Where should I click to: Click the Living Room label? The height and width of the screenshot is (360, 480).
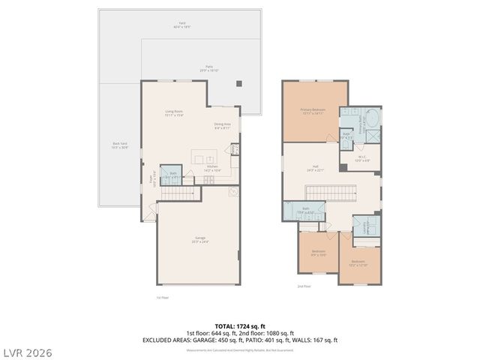pos(174,113)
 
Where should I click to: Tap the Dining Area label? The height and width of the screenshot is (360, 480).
pos(222,126)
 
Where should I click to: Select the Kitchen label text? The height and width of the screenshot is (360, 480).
pos(212,168)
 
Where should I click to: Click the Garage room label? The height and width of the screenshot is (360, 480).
pos(199,240)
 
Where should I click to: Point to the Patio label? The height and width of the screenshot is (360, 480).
pos(209,68)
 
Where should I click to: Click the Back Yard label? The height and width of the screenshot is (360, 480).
pos(119,145)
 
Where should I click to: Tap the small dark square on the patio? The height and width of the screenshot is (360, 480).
pos(239,83)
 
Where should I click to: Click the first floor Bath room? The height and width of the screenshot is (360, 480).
pos(172,175)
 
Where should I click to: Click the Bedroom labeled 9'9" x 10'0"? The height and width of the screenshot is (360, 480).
pos(318,253)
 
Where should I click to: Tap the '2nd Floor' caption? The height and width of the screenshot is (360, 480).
pos(304,286)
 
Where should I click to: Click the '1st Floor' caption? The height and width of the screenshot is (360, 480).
pos(163,298)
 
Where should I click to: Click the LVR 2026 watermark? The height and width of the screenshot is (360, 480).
pos(26,352)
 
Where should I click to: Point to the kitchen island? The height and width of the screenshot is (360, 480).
pos(205,157)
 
